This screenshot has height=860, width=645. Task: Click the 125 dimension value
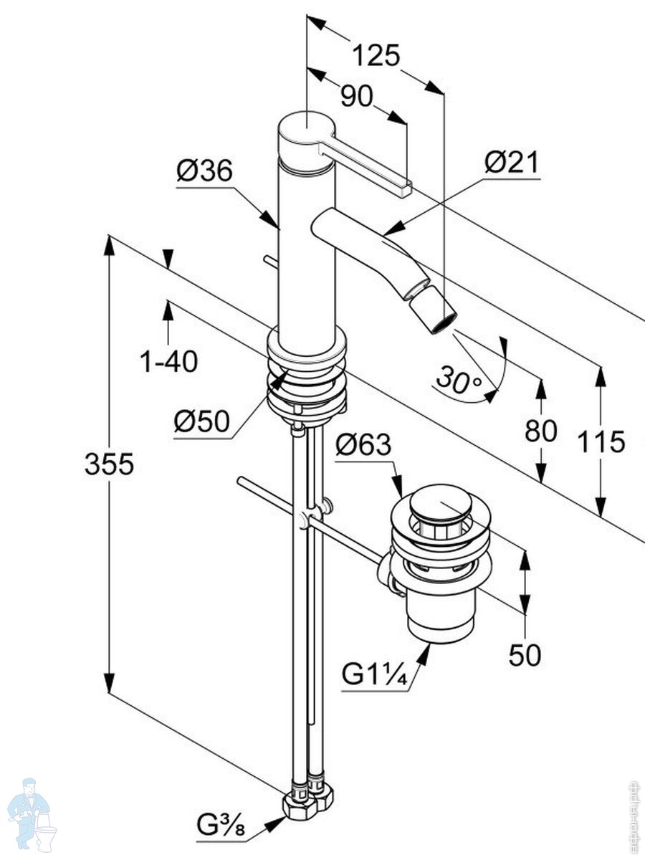(376, 55)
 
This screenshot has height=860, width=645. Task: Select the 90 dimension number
(356, 96)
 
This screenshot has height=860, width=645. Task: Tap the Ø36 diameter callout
(205, 171)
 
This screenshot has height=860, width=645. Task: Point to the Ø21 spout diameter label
(511, 163)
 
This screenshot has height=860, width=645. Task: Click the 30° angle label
(459, 379)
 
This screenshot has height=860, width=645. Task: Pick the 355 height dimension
(109, 464)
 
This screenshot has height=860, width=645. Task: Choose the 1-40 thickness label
(168, 362)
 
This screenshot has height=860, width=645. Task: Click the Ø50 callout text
(203, 422)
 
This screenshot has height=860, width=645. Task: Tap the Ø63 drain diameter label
(364, 446)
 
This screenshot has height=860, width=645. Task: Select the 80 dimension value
(541, 431)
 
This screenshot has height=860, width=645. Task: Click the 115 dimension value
(602, 441)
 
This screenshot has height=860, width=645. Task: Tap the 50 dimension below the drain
(525, 655)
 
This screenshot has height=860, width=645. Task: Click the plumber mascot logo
(32, 815)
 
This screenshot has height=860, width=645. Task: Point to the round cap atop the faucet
(306, 130)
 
